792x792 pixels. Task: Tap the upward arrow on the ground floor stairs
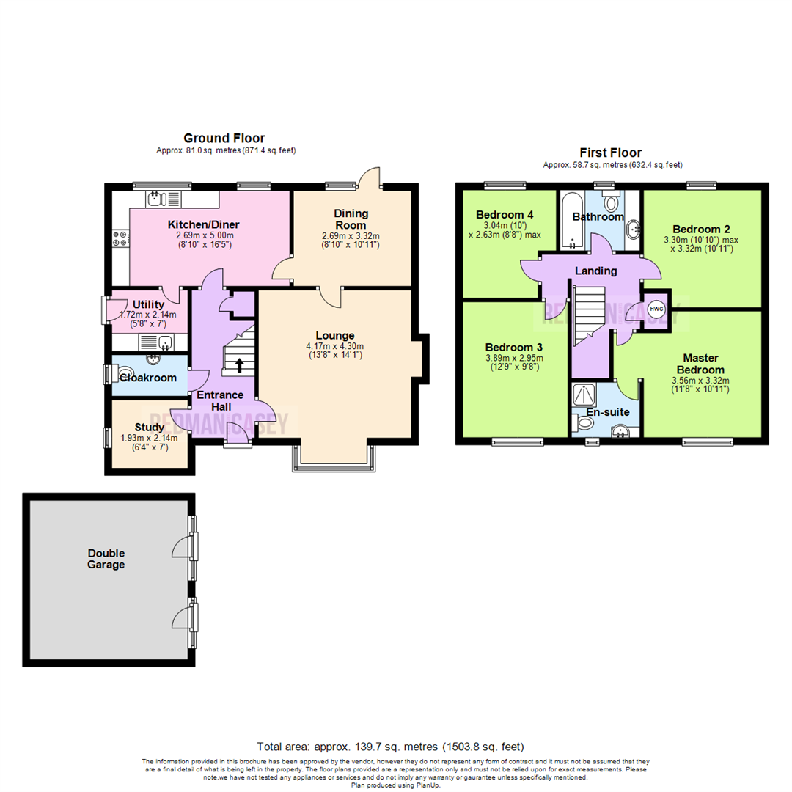239,364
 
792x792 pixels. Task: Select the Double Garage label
106,559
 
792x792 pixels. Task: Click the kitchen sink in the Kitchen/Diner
164,198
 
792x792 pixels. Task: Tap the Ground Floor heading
224,138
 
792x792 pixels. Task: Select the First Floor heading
611,153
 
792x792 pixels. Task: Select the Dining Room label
351,219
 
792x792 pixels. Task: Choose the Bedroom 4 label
505,214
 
